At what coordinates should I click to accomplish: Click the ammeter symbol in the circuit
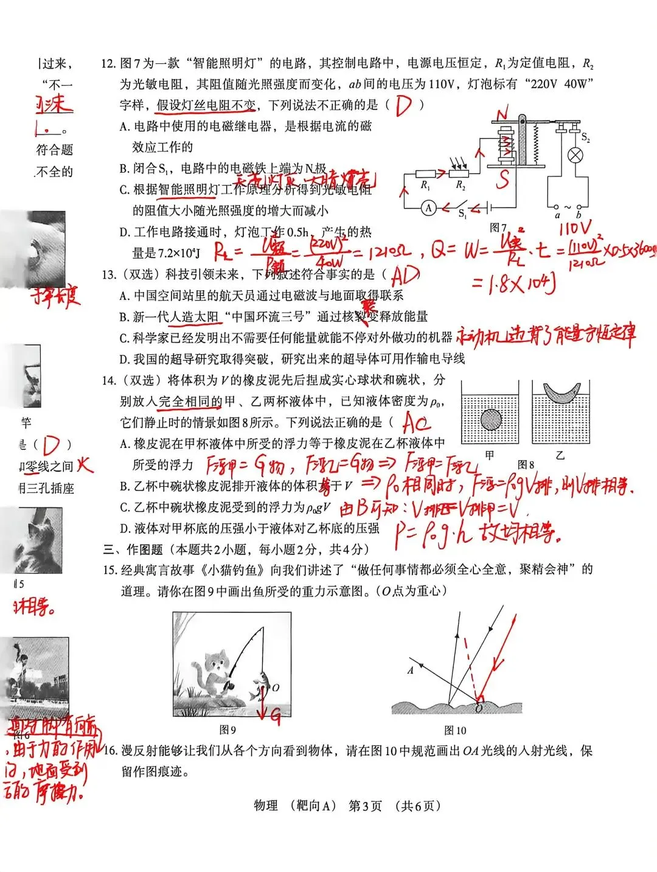(428, 208)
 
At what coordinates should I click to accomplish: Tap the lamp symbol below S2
(574, 155)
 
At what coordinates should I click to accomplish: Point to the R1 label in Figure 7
(425, 186)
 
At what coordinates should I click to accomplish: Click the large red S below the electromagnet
(502, 179)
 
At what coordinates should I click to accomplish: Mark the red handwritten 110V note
(574, 228)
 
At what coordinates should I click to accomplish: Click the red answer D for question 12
(403, 105)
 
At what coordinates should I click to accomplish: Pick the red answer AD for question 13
(405, 276)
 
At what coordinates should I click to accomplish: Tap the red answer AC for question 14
(416, 422)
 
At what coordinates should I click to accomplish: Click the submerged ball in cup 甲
(491, 419)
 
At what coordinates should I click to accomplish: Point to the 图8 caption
(526, 465)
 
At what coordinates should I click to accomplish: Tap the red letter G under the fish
(276, 717)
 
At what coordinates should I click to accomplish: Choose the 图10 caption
(455, 730)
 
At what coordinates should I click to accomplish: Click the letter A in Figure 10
(411, 670)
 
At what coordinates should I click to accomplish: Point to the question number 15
(109, 570)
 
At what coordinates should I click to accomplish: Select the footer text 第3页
(365, 806)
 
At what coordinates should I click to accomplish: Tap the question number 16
(110, 751)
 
